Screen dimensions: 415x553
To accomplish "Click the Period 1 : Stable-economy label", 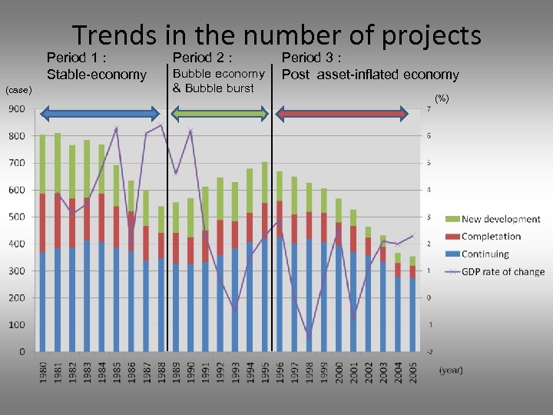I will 96,66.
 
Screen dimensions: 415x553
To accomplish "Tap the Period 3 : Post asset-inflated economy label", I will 369,66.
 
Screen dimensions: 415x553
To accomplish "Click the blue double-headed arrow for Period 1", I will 99,114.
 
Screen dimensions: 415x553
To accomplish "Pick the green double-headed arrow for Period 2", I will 219,114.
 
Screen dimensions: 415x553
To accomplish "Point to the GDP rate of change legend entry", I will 507,271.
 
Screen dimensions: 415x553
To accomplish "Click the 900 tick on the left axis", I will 16,109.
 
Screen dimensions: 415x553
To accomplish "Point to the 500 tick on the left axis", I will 16,217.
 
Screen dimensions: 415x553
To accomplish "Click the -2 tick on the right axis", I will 428,351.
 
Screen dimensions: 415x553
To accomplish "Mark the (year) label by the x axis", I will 451,370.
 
